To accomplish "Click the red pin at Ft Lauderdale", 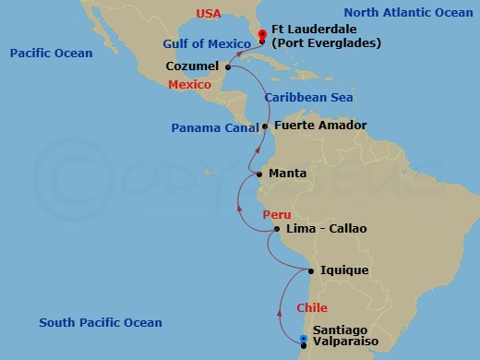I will click(x=263, y=36).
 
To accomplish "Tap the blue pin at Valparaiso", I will click(x=304, y=342).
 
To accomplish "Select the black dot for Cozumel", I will click(x=228, y=66).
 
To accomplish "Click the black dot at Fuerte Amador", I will click(x=265, y=126).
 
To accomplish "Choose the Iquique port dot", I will click(x=311, y=270).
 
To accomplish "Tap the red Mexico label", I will click(x=189, y=85).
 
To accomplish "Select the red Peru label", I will click(x=276, y=214).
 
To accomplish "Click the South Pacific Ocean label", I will click(x=101, y=322).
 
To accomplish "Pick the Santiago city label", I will click(x=340, y=330).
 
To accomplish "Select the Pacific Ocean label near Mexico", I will click(x=51, y=54).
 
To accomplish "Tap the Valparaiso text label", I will click(x=346, y=343).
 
